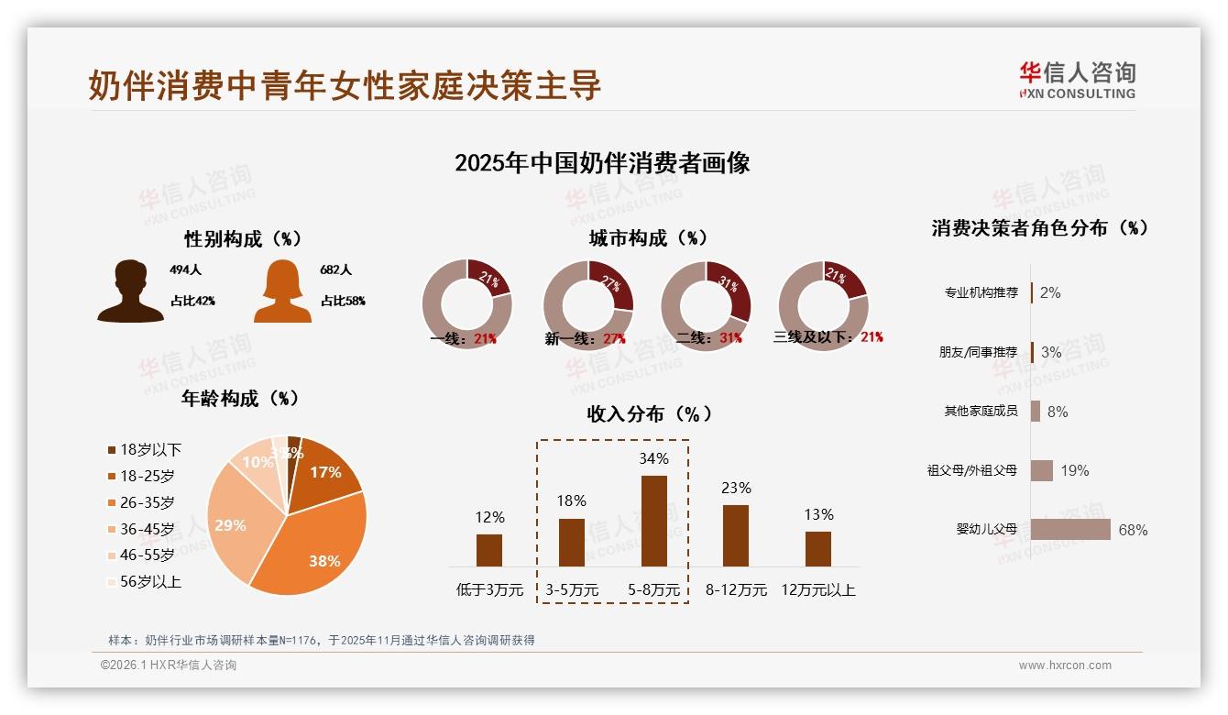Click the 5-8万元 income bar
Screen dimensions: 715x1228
tap(653, 521)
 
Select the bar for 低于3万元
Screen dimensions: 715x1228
tap(489, 550)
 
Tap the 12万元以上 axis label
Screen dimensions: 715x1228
tap(817, 590)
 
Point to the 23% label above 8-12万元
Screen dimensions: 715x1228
tap(735, 488)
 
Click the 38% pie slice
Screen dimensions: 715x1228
tap(316, 550)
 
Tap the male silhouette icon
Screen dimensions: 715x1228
tap(131, 291)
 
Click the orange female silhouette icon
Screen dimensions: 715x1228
tap(282, 291)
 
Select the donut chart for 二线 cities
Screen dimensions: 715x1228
tap(706, 304)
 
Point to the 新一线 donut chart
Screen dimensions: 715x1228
tap(587, 304)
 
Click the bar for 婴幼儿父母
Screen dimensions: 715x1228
tap(1070, 530)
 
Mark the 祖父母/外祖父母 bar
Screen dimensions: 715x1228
tap(1041, 470)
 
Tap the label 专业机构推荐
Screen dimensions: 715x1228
tap(981, 292)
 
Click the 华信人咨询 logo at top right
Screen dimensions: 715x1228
tap(1077, 80)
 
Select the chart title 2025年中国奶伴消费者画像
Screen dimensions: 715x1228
tap(602, 163)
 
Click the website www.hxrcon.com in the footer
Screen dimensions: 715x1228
tap(1065, 665)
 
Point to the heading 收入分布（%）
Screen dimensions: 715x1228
tap(649, 413)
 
